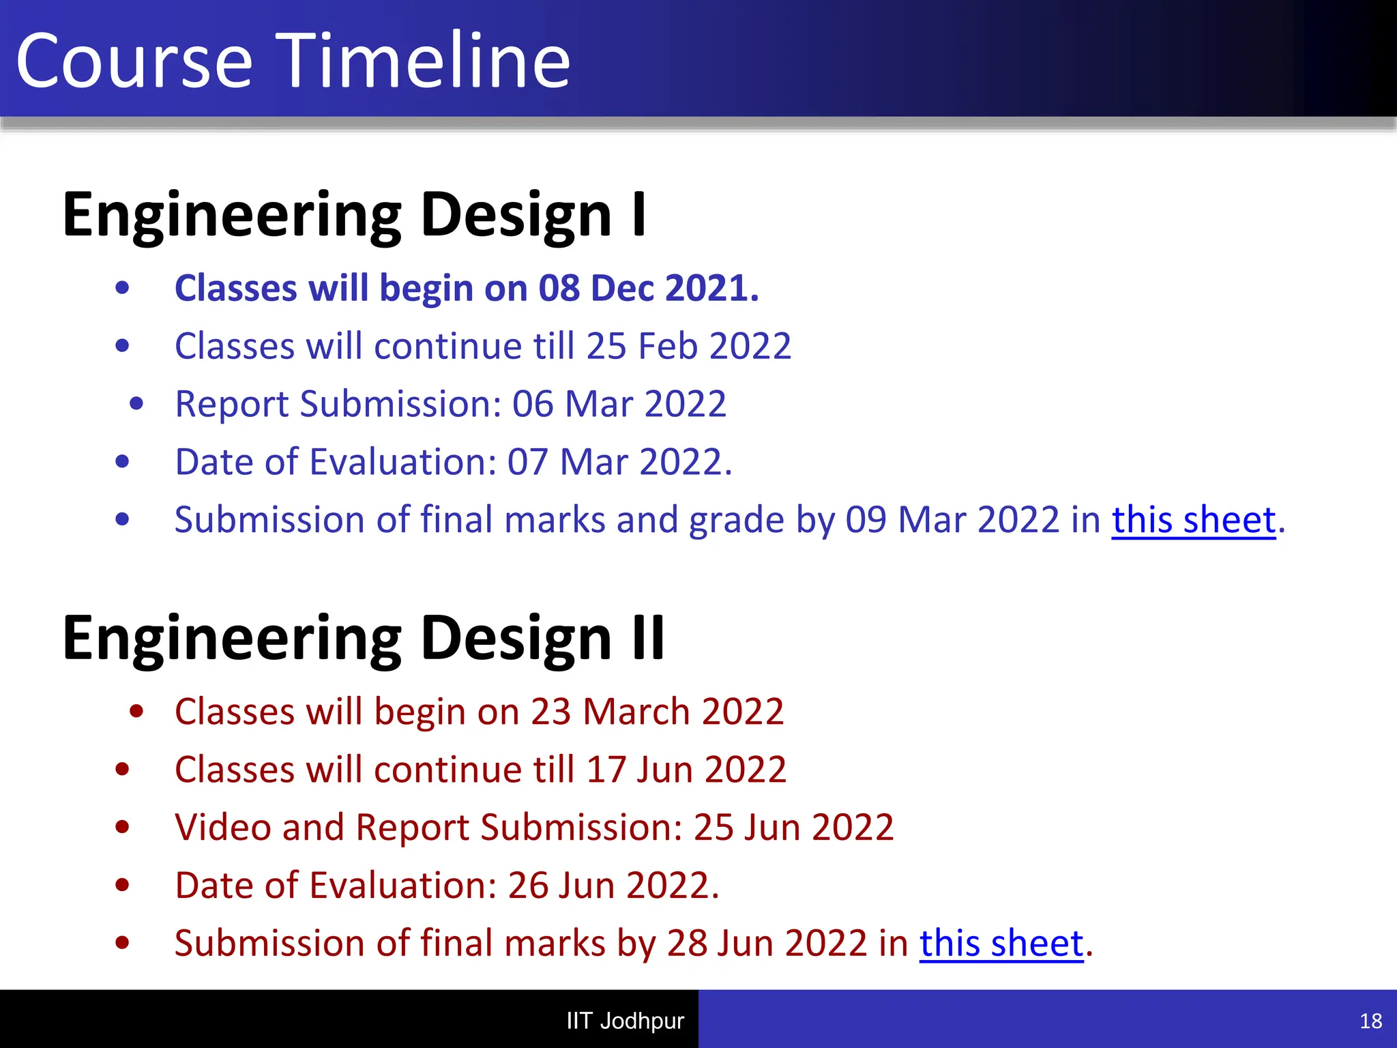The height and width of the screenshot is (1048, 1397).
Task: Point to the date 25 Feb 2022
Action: click(688, 346)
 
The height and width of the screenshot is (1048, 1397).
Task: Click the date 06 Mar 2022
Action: click(619, 404)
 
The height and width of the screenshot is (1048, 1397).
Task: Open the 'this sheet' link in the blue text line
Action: click(1193, 520)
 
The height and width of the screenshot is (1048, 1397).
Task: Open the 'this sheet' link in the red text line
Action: click(1001, 944)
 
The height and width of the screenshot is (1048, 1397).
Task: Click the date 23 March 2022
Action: click(657, 712)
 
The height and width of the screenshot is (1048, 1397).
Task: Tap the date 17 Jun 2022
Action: click(686, 770)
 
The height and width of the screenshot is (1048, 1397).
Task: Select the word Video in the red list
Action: click(222, 828)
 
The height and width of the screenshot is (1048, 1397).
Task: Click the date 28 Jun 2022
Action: click(767, 944)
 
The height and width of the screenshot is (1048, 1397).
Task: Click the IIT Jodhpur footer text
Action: click(625, 1021)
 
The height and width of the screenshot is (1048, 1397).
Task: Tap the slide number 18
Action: click(1370, 1021)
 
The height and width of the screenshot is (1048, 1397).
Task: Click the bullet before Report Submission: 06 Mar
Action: click(136, 404)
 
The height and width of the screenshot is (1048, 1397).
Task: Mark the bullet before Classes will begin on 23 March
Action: click(136, 712)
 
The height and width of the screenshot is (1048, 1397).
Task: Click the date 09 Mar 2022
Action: click(952, 520)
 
